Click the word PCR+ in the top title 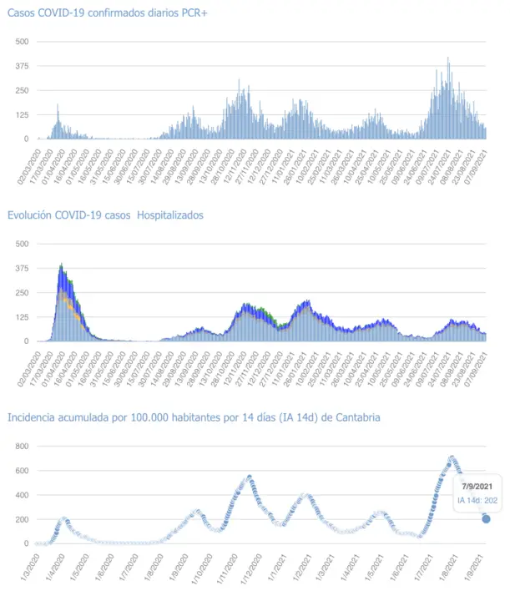pos(189,13)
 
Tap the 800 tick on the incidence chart pos(23,446)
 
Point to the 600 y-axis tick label pos(23,471)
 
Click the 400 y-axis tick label pos(23,495)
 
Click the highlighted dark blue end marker pos(486,519)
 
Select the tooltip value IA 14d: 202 pos(477,501)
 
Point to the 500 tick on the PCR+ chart pos(23,42)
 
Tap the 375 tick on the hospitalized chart pos(23,268)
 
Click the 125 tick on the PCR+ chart pos(23,114)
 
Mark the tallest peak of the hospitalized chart pos(62,265)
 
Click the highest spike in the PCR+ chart pos(448,58)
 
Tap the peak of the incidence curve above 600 pos(452,457)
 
